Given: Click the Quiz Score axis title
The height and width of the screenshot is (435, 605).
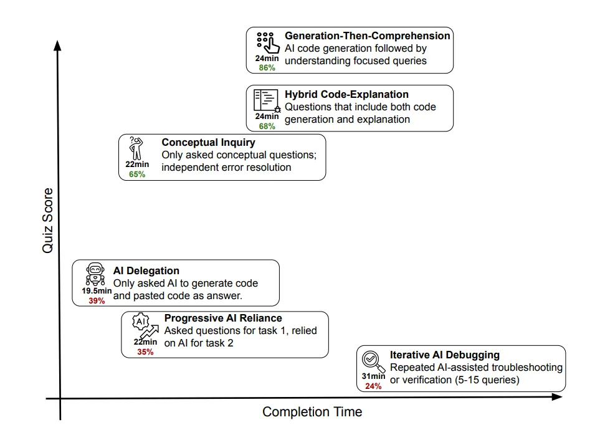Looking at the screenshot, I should pyautogui.click(x=48, y=221).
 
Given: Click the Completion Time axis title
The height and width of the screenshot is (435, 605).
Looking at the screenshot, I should pyautogui.click(x=312, y=412).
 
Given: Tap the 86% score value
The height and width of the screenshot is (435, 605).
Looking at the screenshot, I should pyautogui.click(x=267, y=68).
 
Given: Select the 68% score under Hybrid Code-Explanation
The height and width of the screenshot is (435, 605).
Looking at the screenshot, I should pyautogui.click(x=267, y=127).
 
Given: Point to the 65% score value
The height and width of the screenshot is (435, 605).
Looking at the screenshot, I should pyautogui.click(x=137, y=174).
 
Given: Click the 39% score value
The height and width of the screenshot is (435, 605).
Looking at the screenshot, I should pyautogui.click(x=97, y=300).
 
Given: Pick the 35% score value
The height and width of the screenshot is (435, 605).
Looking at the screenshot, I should pyautogui.click(x=145, y=352).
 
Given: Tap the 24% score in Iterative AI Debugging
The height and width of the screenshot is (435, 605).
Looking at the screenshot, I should pyautogui.click(x=373, y=386).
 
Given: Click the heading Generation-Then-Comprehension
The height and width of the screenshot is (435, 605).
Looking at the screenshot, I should pyautogui.click(x=367, y=36).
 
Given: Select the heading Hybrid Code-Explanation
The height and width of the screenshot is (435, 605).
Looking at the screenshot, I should pyautogui.click(x=346, y=95).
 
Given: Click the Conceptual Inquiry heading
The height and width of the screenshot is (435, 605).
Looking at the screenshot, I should pyautogui.click(x=208, y=143).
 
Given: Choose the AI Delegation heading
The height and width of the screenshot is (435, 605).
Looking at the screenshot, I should pyautogui.click(x=146, y=271).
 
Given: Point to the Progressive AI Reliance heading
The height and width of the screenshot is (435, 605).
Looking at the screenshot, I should pyautogui.click(x=222, y=318).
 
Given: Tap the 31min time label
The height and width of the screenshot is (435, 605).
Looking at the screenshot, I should pyautogui.click(x=373, y=376).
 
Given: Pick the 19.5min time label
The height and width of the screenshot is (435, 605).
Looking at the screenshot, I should pyautogui.click(x=97, y=291).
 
